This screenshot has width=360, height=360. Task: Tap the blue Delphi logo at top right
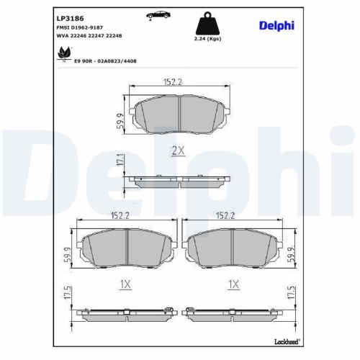point(276,25)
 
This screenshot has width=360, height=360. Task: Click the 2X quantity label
point(177,150)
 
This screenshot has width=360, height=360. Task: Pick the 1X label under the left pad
point(125,284)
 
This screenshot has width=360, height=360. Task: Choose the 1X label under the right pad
point(232,284)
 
